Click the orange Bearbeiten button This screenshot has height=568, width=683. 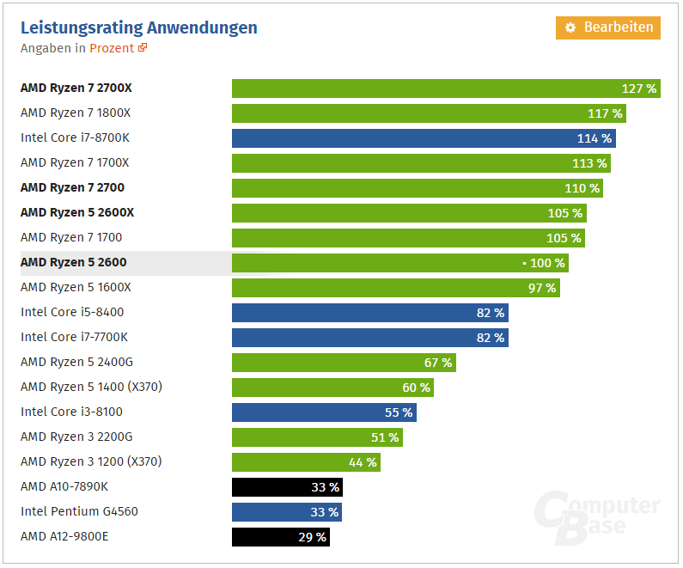point(608,27)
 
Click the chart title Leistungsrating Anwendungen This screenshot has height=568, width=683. point(139,27)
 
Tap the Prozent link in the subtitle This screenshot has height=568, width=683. point(112,48)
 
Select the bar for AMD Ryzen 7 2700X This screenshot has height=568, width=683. point(446,89)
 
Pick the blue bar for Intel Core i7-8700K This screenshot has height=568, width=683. point(424,138)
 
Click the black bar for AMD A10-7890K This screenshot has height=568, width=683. point(288,487)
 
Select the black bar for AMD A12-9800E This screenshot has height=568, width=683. point(281,537)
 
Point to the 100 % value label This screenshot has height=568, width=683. point(546,263)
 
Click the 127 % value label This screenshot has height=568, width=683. point(639,89)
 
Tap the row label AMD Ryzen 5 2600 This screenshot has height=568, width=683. point(73,262)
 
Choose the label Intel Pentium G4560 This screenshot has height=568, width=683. point(79,511)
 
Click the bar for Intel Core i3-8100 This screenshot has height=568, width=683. point(324,412)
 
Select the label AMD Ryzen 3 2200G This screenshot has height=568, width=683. point(76,437)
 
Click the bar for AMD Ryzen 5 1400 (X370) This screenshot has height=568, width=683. point(332,388)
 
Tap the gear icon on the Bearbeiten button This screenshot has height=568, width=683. point(570,27)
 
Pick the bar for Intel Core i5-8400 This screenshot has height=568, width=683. point(369,313)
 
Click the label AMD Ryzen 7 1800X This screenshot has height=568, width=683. point(76,113)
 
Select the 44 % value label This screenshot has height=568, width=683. point(363,462)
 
